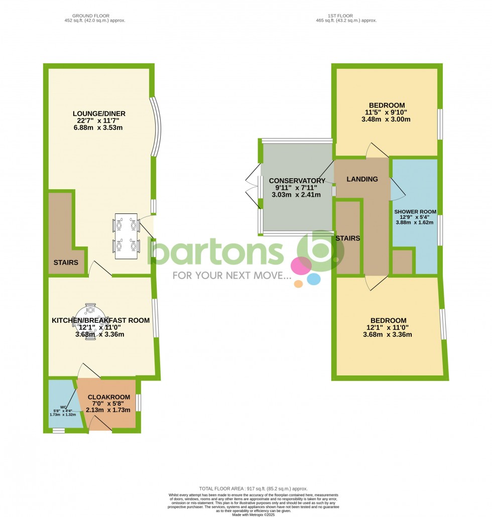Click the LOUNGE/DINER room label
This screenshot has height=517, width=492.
point(99,114)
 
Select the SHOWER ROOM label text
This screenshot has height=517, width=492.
point(415,212)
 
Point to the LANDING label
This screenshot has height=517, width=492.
point(362,179)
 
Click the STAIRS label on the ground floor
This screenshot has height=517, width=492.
point(66,263)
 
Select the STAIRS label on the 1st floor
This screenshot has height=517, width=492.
point(348,238)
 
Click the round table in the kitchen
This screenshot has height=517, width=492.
point(90,321)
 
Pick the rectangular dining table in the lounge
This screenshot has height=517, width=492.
point(126,236)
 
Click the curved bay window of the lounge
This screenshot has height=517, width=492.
point(157,125)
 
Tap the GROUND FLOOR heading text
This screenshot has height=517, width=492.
point(91,16)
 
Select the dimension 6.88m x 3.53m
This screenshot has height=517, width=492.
point(99,128)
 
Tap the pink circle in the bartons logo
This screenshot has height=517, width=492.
point(302,266)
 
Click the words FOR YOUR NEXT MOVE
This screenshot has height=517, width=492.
point(231,276)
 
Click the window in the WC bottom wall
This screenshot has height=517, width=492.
point(59,430)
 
